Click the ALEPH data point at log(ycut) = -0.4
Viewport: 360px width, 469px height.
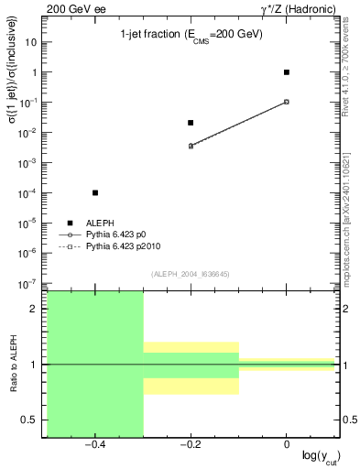tap(95, 192)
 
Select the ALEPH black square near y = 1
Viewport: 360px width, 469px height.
tap(287, 71)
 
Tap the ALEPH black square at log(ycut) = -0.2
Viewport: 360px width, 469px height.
tap(191, 123)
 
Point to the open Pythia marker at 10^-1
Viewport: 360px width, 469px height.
tap(287, 102)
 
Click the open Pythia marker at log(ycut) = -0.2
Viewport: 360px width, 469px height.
tap(191, 146)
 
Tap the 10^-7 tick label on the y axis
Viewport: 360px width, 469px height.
tap(28, 283)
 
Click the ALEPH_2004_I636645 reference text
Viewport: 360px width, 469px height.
tap(191, 273)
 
